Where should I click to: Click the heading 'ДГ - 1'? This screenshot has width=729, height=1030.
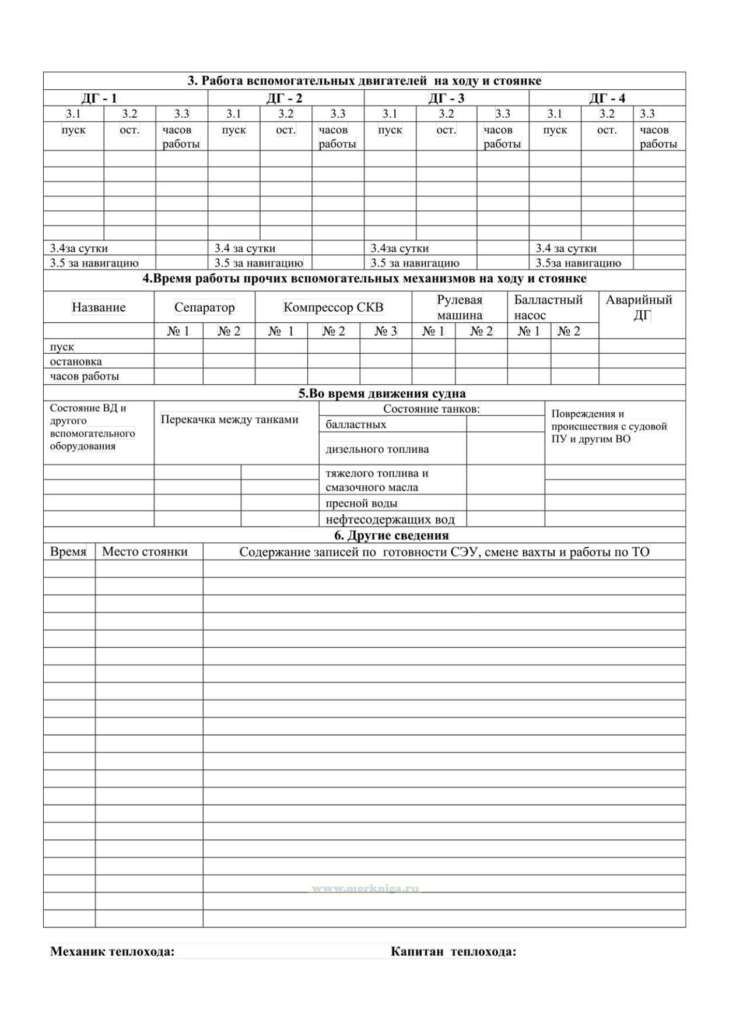point(99,98)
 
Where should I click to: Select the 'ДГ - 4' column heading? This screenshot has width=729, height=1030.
point(607,98)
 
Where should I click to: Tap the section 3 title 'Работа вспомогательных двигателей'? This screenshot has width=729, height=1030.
point(364,80)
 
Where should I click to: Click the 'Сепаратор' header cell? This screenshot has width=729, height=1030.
point(204,307)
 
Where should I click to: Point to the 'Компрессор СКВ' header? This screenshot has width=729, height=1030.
point(333,307)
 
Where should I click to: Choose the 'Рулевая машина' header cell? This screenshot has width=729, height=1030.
point(460,307)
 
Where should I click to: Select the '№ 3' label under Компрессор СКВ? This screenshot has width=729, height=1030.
point(385,331)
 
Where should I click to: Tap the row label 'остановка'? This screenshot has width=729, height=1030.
point(76,361)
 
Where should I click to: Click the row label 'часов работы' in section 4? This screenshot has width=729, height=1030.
point(85,376)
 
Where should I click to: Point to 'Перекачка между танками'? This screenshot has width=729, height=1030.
point(229,419)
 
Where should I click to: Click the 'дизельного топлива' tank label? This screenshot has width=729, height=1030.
point(377,449)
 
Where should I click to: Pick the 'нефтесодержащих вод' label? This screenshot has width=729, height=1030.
point(390,519)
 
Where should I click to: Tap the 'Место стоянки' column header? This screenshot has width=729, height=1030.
point(145,551)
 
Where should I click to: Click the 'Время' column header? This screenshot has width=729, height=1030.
point(68,551)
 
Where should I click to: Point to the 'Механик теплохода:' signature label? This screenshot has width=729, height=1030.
point(112,952)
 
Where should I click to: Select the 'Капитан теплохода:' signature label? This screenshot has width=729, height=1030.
point(453,952)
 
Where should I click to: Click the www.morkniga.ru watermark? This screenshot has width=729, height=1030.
point(365,889)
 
